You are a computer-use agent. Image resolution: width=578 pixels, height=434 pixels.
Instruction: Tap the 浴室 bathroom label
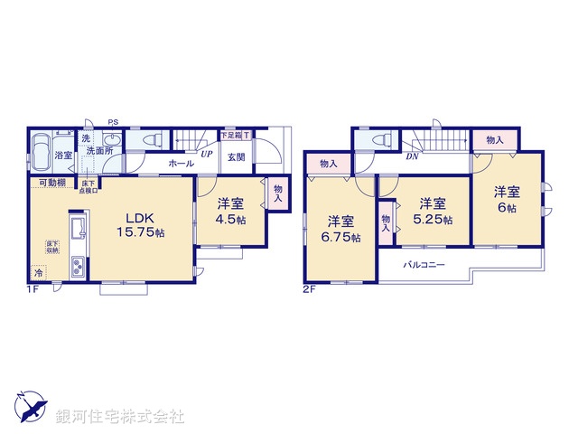point(62,156)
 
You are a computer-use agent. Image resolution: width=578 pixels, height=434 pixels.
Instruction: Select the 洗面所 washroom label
point(98,151)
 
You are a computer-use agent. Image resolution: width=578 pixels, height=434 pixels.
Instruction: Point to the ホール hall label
point(180,164)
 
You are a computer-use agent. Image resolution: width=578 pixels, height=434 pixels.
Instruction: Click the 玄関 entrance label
point(236,157)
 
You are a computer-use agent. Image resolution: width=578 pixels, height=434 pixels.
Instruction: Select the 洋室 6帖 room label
point(507,200)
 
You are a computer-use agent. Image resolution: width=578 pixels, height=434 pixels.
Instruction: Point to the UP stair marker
point(207,154)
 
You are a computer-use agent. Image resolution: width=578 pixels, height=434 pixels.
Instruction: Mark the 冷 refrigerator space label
point(38,271)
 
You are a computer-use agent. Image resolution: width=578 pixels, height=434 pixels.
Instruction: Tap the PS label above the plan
point(113,122)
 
